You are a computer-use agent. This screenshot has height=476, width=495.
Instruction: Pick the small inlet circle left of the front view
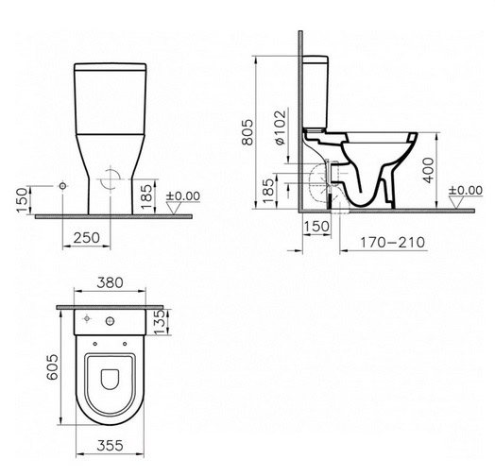(x=62, y=186)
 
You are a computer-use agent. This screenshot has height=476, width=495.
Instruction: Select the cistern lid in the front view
(x=111, y=69)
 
